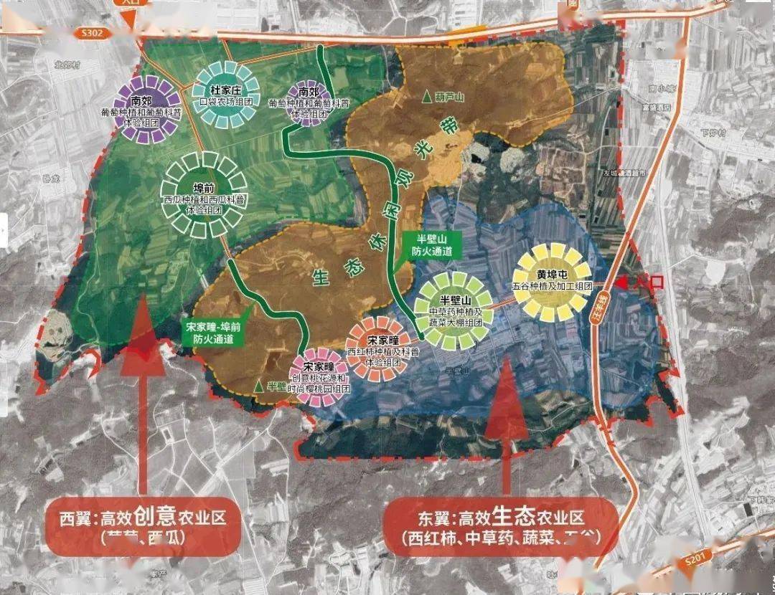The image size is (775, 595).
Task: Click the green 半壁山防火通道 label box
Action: click(431, 246)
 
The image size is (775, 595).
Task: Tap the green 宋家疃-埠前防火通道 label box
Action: click(213, 333)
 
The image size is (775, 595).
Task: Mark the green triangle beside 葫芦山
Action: click(427, 96)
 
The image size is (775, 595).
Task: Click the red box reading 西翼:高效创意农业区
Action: click(142, 526)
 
